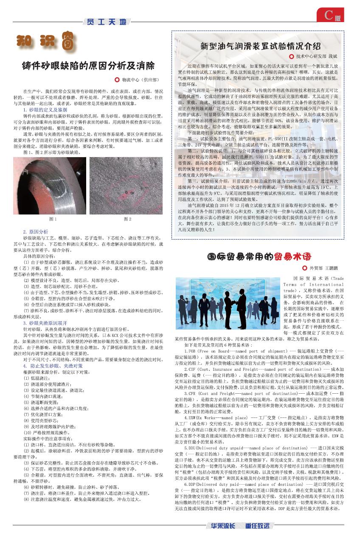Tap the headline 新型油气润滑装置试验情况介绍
point(260,46)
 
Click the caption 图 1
point(53,219)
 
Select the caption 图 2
point(127,219)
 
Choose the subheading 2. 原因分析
point(36,232)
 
